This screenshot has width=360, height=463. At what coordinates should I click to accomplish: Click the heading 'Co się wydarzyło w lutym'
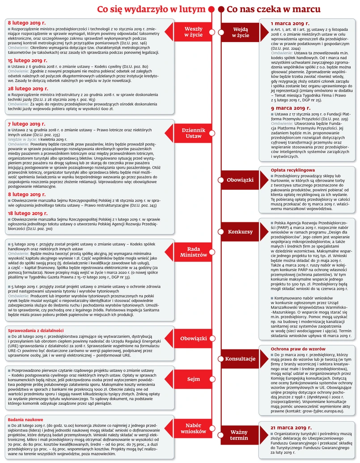coord(152,9)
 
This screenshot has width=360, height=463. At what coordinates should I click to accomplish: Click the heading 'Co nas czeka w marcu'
coord(273,9)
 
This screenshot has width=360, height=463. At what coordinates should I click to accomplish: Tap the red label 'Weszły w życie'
coord(193,32)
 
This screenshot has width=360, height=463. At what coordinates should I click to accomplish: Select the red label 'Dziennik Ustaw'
coord(193,133)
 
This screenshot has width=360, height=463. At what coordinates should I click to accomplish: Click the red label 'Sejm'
coord(193,379)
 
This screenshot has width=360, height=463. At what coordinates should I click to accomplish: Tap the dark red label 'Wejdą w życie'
coord(241,32)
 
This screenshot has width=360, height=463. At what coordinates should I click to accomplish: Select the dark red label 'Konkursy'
coord(240,232)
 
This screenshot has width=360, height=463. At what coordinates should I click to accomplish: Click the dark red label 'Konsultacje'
coord(240,359)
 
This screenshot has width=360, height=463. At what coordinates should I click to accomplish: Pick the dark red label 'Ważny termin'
coord(239,435)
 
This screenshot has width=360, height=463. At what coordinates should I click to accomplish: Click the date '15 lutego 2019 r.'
coord(27,60)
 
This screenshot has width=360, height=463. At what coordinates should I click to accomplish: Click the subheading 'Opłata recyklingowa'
coord(293,170)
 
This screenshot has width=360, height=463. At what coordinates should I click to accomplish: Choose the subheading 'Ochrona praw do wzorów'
coord(298,348)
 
